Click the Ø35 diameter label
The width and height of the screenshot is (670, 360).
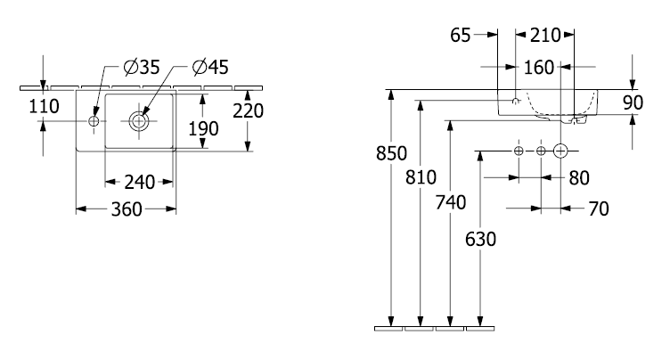[142, 67]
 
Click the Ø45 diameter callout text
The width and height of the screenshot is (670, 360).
[210, 67]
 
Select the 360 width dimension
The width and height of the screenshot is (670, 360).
[127, 209]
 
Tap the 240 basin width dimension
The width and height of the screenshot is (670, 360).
[139, 183]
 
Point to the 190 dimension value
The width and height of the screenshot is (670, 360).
[203, 128]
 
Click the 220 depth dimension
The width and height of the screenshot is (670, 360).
[249, 111]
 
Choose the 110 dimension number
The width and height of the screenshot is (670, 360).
[44, 106]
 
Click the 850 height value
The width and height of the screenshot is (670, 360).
[391, 153]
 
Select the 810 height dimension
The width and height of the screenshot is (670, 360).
[421, 177]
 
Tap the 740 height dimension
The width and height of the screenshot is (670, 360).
[450, 202]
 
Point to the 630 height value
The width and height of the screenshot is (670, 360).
[481, 240]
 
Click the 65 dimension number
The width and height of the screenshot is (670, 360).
[461, 36]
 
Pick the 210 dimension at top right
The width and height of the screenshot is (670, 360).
[545, 36]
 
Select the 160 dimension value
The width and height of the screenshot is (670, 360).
[539, 68]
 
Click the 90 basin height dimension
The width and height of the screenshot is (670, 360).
[633, 103]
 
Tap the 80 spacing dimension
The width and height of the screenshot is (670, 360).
[579, 178]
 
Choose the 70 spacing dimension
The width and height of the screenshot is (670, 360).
[599, 209]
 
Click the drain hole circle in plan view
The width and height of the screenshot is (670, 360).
[138, 121]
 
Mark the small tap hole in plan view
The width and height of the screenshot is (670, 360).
[94, 121]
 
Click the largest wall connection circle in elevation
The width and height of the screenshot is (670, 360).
[560, 151]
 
